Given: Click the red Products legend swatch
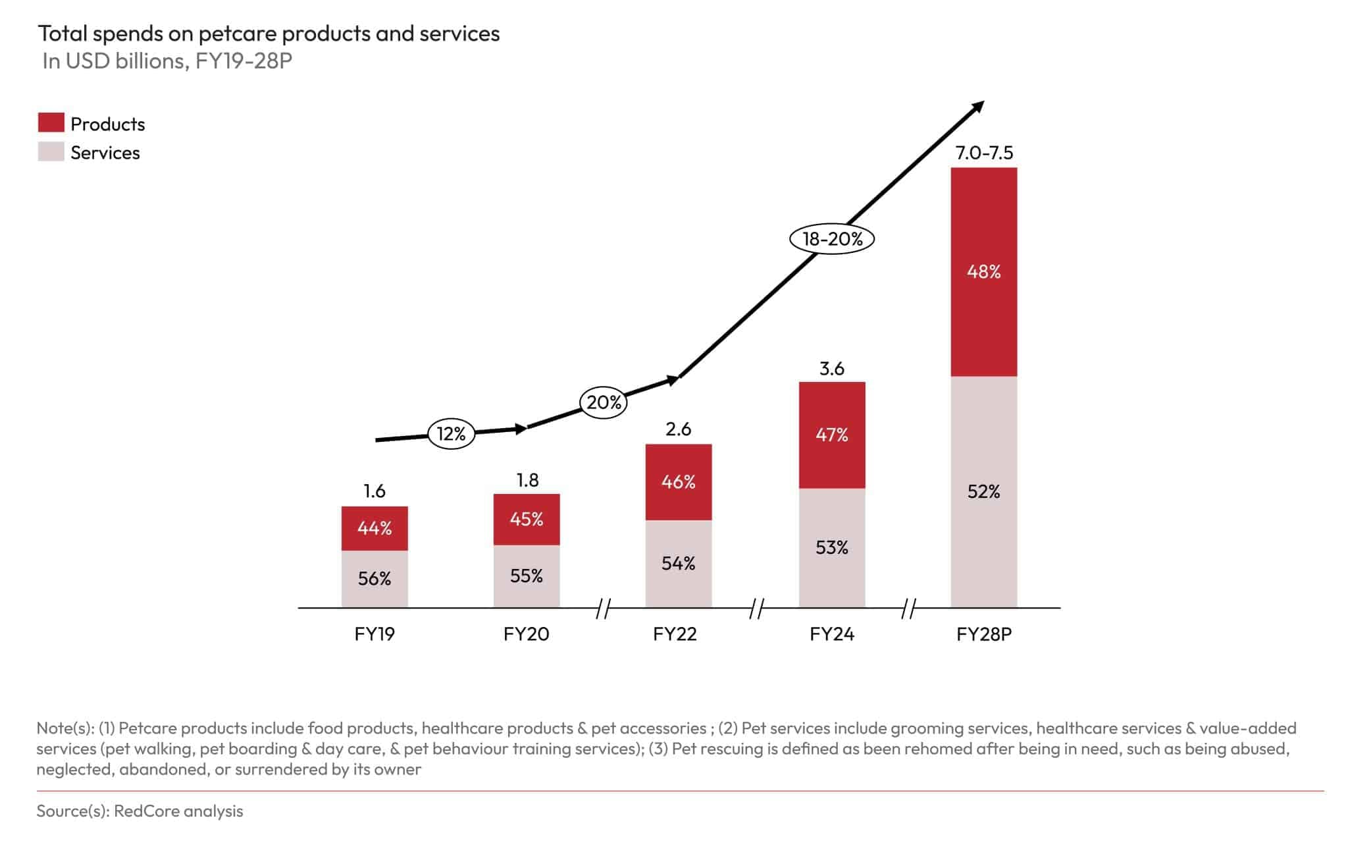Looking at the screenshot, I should click(51, 123).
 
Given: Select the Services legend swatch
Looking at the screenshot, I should click(51, 152).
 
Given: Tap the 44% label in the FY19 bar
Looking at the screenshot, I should click(375, 528).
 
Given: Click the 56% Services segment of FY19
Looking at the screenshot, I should click(375, 578).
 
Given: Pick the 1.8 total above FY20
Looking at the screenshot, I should click(527, 480).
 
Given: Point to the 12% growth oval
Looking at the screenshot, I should click(452, 433).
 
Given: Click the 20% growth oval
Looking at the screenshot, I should click(603, 402).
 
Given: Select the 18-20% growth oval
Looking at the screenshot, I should click(832, 238).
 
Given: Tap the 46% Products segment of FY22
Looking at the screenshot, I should click(678, 482).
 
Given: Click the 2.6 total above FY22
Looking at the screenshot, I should click(678, 429).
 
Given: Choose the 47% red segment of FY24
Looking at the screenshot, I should click(832, 435).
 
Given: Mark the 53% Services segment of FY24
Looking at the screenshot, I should click(832, 547).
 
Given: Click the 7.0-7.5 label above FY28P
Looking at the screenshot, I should click(984, 153).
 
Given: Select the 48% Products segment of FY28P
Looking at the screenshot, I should click(984, 271).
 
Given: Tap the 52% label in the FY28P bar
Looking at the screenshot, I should click(984, 491).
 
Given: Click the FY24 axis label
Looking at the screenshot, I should click(832, 634).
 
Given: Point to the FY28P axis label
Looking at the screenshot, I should click(984, 634).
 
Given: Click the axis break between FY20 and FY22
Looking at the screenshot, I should click(604, 609).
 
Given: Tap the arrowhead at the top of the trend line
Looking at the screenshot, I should click(978, 106).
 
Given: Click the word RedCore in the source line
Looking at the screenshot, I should click(143, 811).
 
